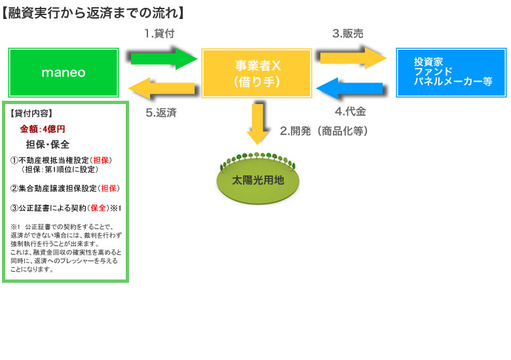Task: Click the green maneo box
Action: click(x=64, y=73)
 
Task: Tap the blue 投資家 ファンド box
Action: click(x=451, y=73)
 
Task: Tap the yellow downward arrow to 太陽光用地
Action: click(x=258, y=122)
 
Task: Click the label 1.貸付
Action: click(x=159, y=33)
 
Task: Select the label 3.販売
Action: click(x=348, y=33)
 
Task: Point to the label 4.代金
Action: click(x=350, y=112)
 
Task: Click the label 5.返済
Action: click(x=161, y=113)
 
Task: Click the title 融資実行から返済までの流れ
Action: click(x=92, y=12)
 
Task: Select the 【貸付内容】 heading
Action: click(x=32, y=113)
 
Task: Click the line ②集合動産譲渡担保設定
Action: click(x=65, y=189)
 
